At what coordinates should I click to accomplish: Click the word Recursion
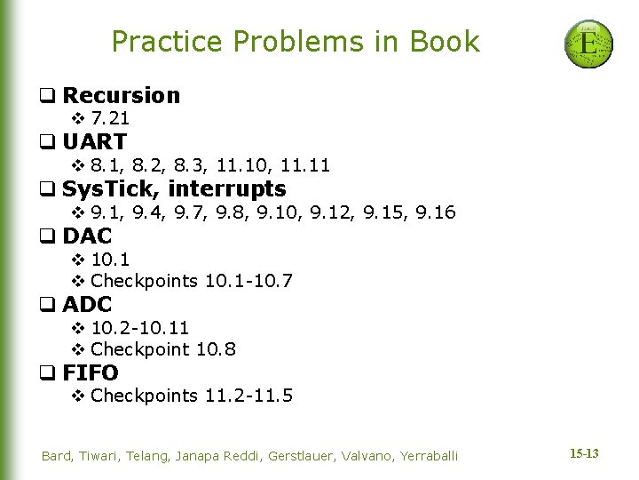click(122, 95)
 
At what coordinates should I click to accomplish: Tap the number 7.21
click(110, 118)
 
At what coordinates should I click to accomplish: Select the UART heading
click(94, 141)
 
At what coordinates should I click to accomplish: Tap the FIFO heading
click(91, 373)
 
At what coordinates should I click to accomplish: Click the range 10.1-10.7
click(248, 281)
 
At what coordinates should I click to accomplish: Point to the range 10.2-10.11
click(140, 328)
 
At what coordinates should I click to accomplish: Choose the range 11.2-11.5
click(248, 396)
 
